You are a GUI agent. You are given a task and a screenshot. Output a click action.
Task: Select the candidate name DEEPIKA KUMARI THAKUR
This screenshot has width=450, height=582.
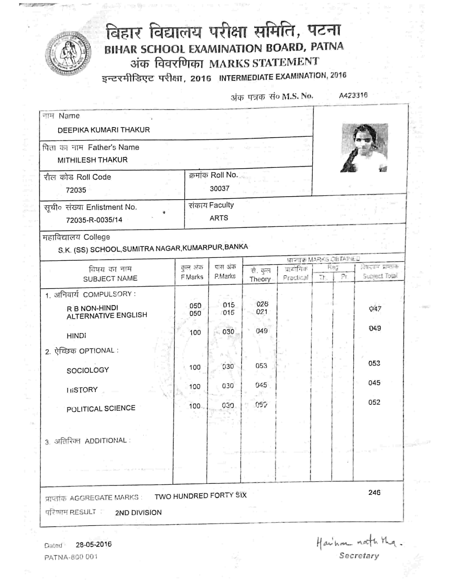pos(104,130)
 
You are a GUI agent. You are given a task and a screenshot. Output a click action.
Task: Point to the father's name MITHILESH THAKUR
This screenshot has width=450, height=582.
pos(92,160)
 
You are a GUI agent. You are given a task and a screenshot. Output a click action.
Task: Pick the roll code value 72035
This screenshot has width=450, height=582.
pos(76,190)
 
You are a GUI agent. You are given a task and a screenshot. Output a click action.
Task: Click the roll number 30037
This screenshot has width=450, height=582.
pos(219,188)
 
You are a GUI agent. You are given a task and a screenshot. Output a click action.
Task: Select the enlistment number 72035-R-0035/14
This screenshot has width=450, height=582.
pos(94,220)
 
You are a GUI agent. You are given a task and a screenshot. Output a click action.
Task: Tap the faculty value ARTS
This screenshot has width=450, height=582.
pos(219,218)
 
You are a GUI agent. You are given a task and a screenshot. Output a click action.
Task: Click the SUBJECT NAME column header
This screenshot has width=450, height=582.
pos(110,278)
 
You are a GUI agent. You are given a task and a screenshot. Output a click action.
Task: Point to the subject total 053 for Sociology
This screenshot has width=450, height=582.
pos(374,363)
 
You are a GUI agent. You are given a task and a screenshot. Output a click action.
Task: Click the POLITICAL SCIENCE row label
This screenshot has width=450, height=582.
pos(101,408)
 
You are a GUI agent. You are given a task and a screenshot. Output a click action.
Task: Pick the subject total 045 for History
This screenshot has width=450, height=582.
pos(374,383)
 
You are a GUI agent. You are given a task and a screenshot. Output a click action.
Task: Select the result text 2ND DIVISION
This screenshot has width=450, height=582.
pos(138,513)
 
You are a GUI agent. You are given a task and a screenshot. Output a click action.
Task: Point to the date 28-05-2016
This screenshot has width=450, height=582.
pos(94,544)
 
